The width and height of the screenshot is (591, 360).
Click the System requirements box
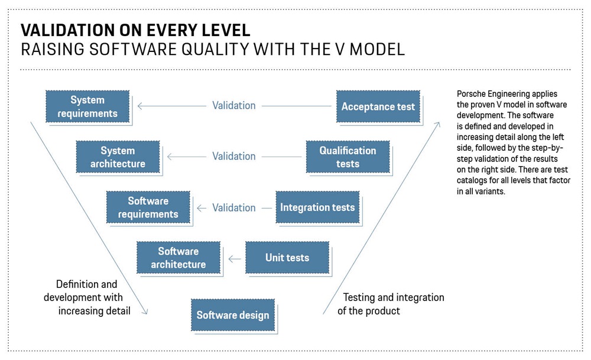87,106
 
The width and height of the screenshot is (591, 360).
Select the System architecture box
118,157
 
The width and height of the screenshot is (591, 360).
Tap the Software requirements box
148,207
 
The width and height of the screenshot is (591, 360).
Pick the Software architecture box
178,258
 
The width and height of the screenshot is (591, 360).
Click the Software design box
233,315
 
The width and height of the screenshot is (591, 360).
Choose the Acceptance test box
378,106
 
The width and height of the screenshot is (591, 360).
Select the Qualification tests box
348,157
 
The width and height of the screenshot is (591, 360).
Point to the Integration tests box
317,207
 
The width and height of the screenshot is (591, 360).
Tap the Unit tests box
287,258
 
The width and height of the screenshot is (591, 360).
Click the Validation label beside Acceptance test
234,106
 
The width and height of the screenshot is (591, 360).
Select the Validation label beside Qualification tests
234,156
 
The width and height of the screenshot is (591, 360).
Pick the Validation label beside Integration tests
234,207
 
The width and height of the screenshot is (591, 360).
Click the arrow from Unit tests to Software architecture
235,258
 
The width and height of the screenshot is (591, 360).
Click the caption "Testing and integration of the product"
390,304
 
